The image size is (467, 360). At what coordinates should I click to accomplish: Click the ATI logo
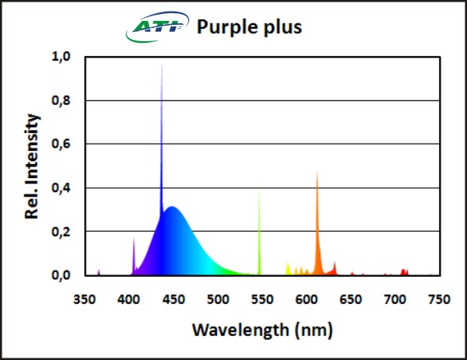pyautogui.click(x=155, y=30)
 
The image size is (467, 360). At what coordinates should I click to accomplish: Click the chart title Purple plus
pyautogui.click(x=248, y=27)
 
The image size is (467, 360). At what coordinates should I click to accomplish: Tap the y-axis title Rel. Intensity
pyautogui.click(x=33, y=166)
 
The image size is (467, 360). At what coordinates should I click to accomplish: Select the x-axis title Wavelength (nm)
pyautogui.click(x=262, y=330)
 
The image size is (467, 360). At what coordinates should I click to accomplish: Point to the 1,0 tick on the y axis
pyautogui.click(x=61, y=57)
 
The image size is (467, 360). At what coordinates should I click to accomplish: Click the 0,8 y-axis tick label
pyautogui.click(x=61, y=100)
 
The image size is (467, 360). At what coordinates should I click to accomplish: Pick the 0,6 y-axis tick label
pyautogui.click(x=61, y=144)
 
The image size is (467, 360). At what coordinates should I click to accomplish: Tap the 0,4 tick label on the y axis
pyautogui.click(x=61, y=187)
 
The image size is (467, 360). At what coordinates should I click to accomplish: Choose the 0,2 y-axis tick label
pyautogui.click(x=61, y=232)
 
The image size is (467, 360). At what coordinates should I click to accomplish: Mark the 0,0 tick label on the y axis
pyautogui.click(x=61, y=275)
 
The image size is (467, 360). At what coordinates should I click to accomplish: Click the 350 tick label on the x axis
pyautogui.click(x=85, y=299)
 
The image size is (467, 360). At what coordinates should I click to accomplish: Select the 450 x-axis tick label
pyautogui.click(x=174, y=299)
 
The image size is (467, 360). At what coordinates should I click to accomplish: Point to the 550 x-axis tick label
pyautogui.click(x=262, y=299)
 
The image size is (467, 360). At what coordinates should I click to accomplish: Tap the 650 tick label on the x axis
pyautogui.click(x=351, y=299)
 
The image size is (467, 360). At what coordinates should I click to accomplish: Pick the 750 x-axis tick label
pyautogui.click(x=440, y=299)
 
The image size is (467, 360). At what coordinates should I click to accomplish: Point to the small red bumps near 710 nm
pyautogui.click(x=404, y=271)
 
